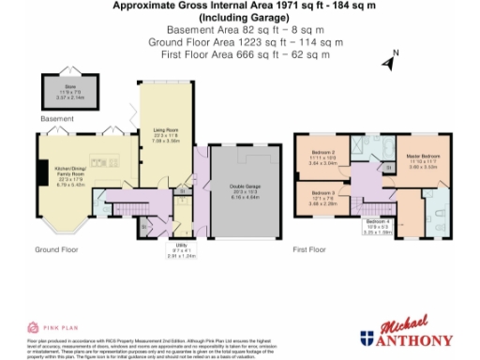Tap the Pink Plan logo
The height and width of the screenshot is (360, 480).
point(55,327)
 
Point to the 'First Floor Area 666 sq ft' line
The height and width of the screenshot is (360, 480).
point(240,55)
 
